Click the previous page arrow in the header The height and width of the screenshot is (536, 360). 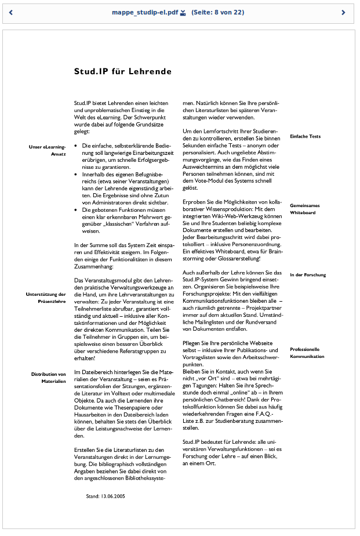tap(11, 12)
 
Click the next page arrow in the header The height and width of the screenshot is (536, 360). tap(343, 12)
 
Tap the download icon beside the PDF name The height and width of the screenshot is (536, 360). tap(183, 12)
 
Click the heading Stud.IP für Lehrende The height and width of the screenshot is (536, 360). tap(122, 71)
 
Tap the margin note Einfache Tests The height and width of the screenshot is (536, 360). tap(305, 136)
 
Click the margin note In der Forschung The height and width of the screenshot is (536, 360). tap(308, 274)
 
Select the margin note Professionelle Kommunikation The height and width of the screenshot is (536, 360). tap(307, 353)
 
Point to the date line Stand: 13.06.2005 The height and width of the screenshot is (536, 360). tap(106, 496)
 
